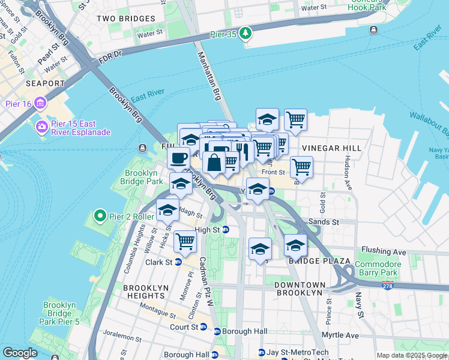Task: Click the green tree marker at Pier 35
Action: [x=245, y=33]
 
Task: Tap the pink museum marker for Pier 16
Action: [x=41, y=103]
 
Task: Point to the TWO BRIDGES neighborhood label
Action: [x=126, y=19]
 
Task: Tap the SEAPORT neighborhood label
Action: [x=44, y=83]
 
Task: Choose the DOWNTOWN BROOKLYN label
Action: [x=300, y=289]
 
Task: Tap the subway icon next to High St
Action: [x=226, y=230]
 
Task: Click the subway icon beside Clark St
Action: [x=178, y=262]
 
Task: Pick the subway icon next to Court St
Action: [x=203, y=327]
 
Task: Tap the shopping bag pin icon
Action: [x=214, y=162]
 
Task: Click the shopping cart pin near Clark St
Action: [x=185, y=241]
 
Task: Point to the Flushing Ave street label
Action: [x=384, y=251]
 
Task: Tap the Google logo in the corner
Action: [x=20, y=353]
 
